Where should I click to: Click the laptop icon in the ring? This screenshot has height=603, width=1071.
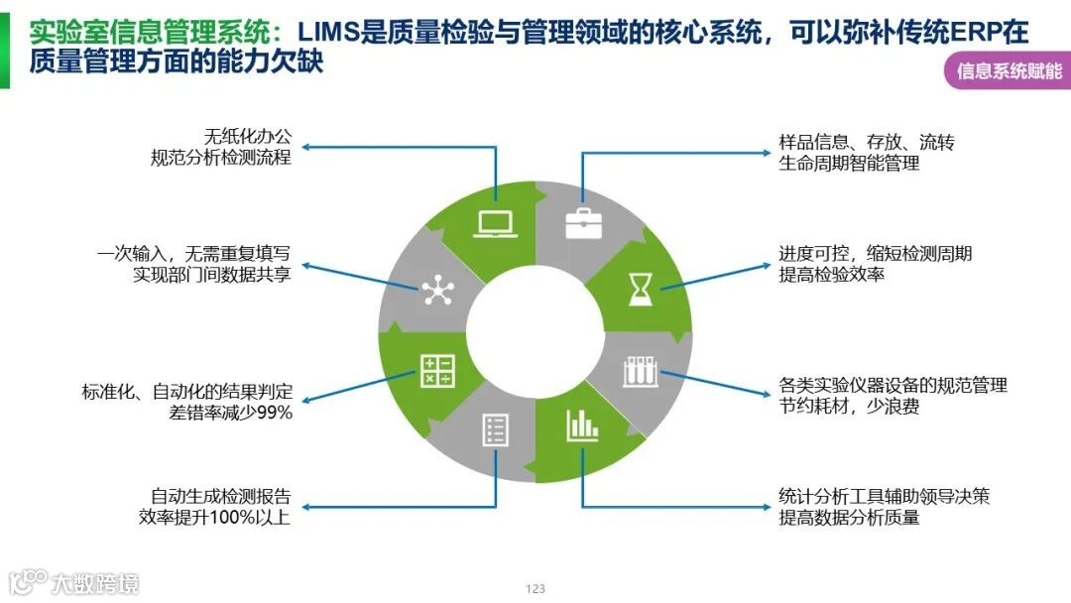(493, 223)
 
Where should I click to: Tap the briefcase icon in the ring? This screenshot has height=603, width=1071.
(581, 224)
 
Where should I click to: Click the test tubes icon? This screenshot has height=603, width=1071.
(639, 373)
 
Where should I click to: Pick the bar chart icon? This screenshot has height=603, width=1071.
(582, 425)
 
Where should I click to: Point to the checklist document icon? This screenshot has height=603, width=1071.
(494, 429)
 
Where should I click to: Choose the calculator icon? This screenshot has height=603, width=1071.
(436, 371)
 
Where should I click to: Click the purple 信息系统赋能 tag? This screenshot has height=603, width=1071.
(1009, 71)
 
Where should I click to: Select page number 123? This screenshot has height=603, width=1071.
(535, 589)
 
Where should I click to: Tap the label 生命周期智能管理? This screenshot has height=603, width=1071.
(849, 164)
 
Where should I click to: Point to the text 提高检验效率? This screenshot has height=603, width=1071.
(831, 275)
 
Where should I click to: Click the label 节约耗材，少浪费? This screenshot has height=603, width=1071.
(849, 407)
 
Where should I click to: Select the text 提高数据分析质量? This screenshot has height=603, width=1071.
(849, 517)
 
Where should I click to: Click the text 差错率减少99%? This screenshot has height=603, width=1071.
(231, 413)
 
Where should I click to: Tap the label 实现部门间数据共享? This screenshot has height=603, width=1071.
(212, 275)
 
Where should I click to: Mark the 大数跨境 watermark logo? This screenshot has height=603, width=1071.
(73, 581)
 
